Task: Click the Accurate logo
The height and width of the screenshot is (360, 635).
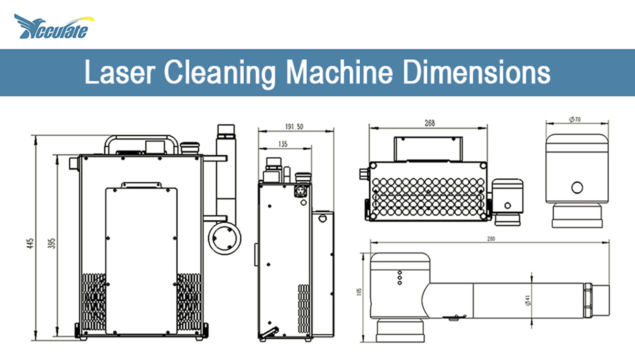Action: pyautogui.click(x=54, y=27)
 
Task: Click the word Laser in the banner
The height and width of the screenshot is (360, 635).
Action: pyautogui.click(x=120, y=72)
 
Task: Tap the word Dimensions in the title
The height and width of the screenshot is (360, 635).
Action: pyautogui.click(x=476, y=72)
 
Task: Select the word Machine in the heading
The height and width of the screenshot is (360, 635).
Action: pyautogui.click(x=339, y=72)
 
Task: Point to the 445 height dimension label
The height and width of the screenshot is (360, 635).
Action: pyautogui.click(x=30, y=243)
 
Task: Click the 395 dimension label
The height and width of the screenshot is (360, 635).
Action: pyautogui.click(x=52, y=243)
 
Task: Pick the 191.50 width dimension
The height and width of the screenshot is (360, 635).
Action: pyautogui.click(x=294, y=127)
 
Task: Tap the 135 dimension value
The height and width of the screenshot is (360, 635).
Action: pyautogui.click(x=283, y=144)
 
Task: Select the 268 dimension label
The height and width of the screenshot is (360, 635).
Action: pyautogui.click(x=430, y=123)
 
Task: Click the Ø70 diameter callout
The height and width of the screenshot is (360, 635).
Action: pyautogui.click(x=575, y=120)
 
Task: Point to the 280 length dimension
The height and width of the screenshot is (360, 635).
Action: pyautogui.click(x=491, y=239)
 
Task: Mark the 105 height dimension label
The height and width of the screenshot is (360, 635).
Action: pyautogui.click(x=359, y=292)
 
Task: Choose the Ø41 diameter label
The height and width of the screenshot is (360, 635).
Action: pyautogui.click(x=527, y=300)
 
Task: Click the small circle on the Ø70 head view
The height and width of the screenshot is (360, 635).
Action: pyautogui.click(x=577, y=187)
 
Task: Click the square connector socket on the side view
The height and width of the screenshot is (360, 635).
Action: pyautogui.click(x=301, y=191)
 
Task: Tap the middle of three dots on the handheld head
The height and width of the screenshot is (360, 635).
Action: pyautogui.click(x=400, y=277)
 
